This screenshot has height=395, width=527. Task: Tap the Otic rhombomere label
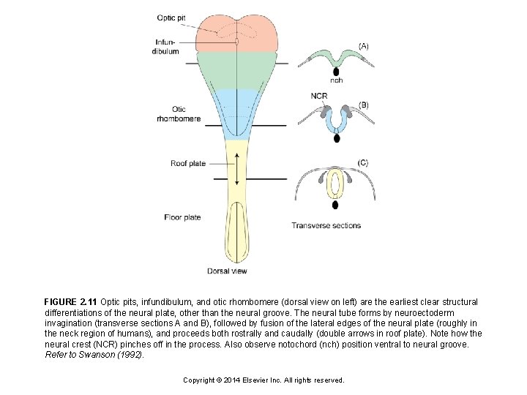[179, 114]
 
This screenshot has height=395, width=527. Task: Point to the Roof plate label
[188, 163]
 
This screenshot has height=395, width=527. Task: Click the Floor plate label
[183, 217]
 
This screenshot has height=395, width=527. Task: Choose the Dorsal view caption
[227, 271]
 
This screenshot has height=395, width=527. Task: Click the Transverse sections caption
[326, 225]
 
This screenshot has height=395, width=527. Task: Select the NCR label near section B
[318, 96]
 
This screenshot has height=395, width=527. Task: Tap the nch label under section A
[336, 80]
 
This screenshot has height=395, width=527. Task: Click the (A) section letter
[364, 45]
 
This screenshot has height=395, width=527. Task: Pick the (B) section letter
[364, 105]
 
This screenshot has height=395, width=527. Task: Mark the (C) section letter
[363, 162]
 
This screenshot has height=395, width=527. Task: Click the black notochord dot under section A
[336, 71]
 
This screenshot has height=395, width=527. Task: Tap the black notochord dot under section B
[336, 138]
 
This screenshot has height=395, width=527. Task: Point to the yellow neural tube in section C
[335, 184]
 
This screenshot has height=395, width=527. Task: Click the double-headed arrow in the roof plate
[236, 170]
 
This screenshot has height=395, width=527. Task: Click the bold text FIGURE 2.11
[70, 302]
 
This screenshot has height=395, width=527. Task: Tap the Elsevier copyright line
[263, 380]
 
